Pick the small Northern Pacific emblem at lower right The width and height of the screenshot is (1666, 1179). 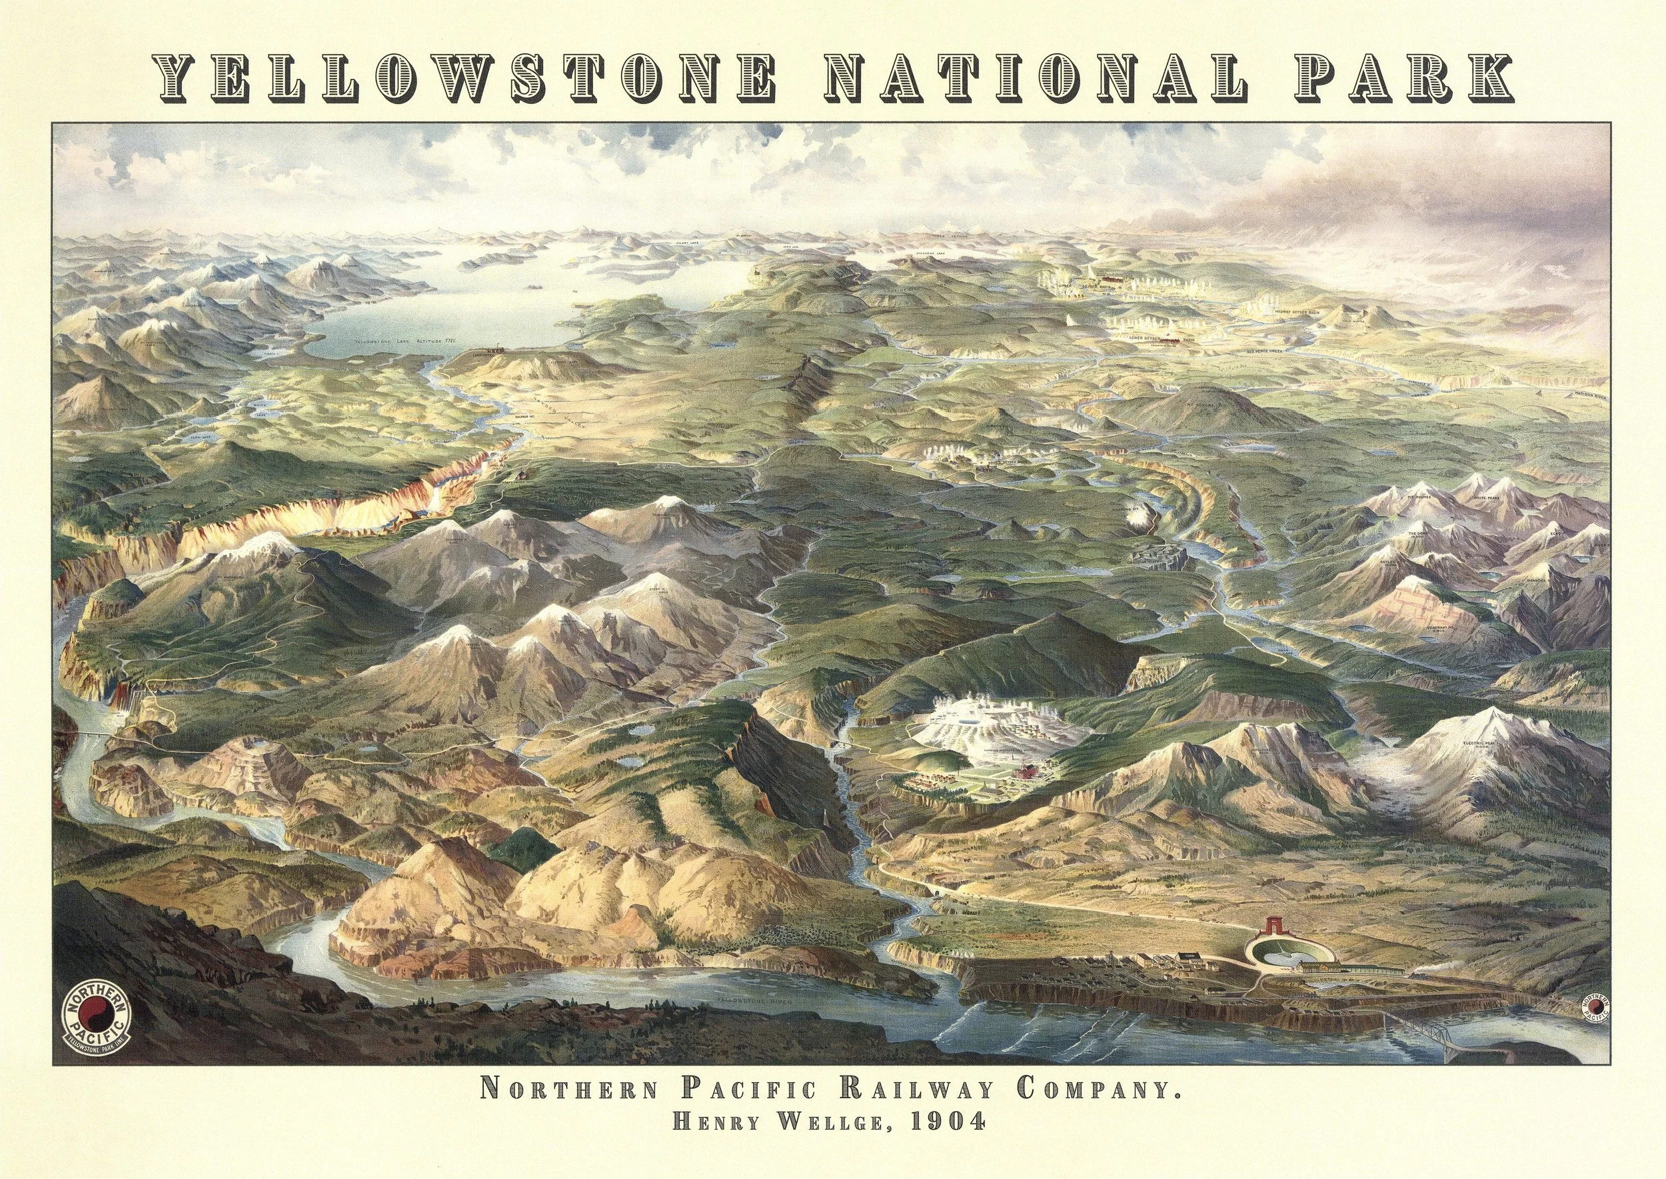[x=1603, y=1019]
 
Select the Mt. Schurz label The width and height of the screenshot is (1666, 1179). [x=1201, y=399]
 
